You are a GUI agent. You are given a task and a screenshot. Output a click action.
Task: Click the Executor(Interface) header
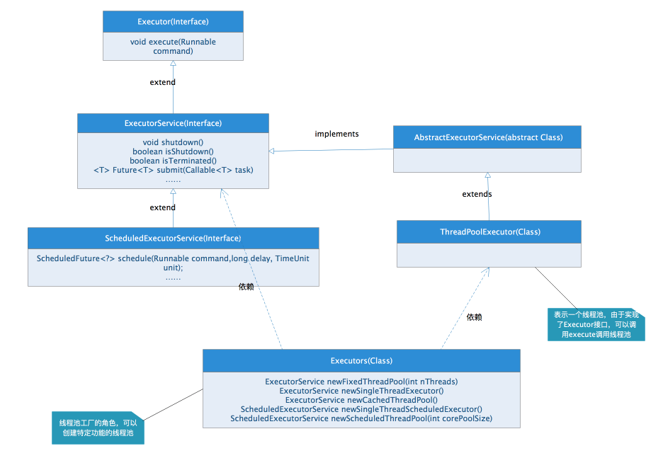click(x=173, y=21)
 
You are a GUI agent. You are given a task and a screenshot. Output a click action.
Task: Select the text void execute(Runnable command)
click(x=173, y=46)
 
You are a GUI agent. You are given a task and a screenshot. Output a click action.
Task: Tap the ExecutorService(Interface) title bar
click(x=173, y=123)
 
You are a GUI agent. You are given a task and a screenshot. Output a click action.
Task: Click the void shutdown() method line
click(x=173, y=142)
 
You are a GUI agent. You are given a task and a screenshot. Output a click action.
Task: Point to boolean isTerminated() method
click(x=173, y=161)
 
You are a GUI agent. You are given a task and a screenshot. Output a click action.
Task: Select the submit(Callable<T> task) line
click(x=173, y=170)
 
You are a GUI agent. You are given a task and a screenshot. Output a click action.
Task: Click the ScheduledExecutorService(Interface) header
click(x=173, y=238)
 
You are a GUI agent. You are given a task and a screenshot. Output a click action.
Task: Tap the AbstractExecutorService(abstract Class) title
click(x=488, y=137)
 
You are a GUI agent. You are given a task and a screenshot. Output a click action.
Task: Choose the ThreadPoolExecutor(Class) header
click(x=488, y=231)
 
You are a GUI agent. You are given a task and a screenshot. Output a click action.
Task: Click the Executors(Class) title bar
click(x=361, y=360)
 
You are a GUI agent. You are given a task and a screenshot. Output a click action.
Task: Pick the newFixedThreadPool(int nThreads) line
click(x=361, y=382)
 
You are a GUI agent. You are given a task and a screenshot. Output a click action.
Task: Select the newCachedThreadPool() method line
click(x=361, y=400)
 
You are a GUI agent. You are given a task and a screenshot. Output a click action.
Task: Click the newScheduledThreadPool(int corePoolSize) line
click(x=361, y=418)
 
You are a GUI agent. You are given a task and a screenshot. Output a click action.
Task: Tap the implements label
click(x=336, y=134)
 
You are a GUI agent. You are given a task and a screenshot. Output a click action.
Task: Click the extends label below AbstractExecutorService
click(x=477, y=194)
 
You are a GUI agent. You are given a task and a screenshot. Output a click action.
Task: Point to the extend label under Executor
click(x=162, y=82)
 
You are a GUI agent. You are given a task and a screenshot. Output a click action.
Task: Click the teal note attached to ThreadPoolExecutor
click(x=596, y=324)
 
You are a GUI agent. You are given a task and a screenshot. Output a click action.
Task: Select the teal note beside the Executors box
click(x=98, y=428)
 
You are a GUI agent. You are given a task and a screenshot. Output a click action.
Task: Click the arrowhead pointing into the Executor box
click(x=173, y=64)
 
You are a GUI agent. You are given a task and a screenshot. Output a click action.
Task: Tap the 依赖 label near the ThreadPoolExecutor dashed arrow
click(x=474, y=317)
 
